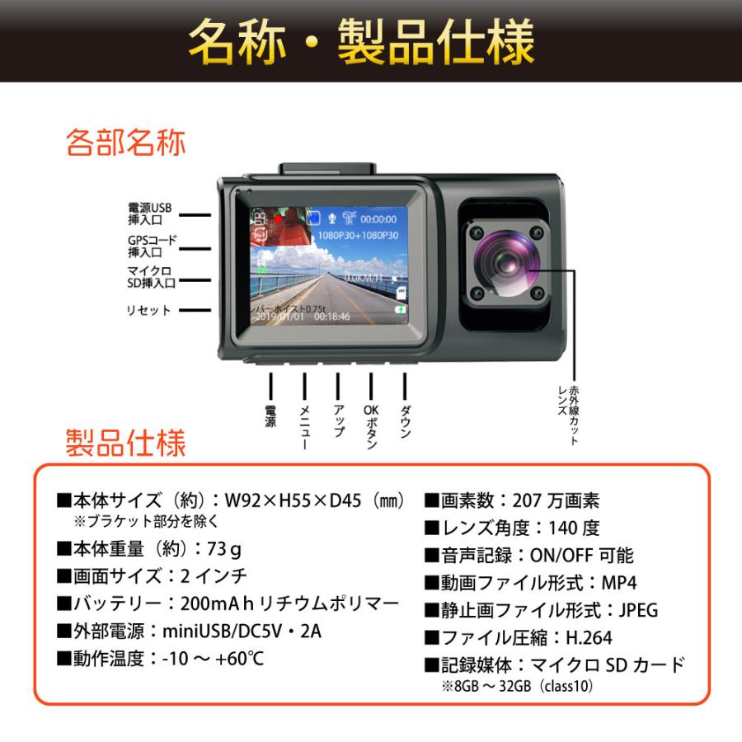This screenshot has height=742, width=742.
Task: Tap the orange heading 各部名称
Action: point(126,142)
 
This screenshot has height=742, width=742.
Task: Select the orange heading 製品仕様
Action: point(126,443)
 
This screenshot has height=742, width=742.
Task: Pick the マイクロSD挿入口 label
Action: point(152,276)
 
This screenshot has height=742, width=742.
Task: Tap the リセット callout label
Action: point(149,310)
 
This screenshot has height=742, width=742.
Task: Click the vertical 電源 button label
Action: point(270,416)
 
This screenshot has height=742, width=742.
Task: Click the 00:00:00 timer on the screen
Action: point(378,219)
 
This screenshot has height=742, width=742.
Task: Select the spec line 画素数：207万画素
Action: point(512,500)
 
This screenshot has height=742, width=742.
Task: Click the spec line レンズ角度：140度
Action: point(512,528)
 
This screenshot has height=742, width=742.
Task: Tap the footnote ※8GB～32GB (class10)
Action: point(516,685)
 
